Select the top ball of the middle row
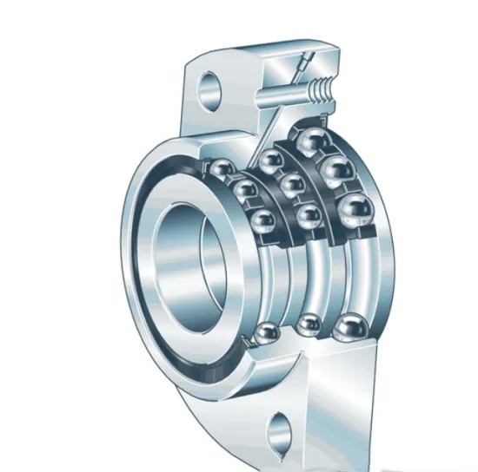272,161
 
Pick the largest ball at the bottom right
350,329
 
